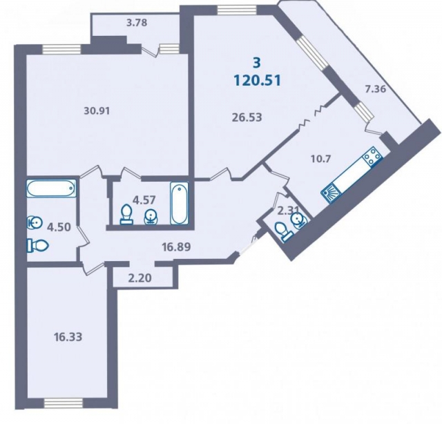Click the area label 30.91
(97, 110)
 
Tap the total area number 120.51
(258, 81)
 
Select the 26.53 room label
(247, 117)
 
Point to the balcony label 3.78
(137, 23)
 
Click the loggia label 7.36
(375, 89)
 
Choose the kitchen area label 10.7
(320, 159)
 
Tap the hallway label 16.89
(177, 247)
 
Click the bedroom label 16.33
(68, 336)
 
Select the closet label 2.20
(140, 278)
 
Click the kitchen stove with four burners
(373, 157)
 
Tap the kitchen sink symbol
(330, 193)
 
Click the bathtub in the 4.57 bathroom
(180, 203)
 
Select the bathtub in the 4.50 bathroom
(51, 189)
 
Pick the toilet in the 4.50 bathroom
(38, 246)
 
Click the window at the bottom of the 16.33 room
(64, 403)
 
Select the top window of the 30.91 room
(61, 50)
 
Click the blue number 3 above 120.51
(257, 63)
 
